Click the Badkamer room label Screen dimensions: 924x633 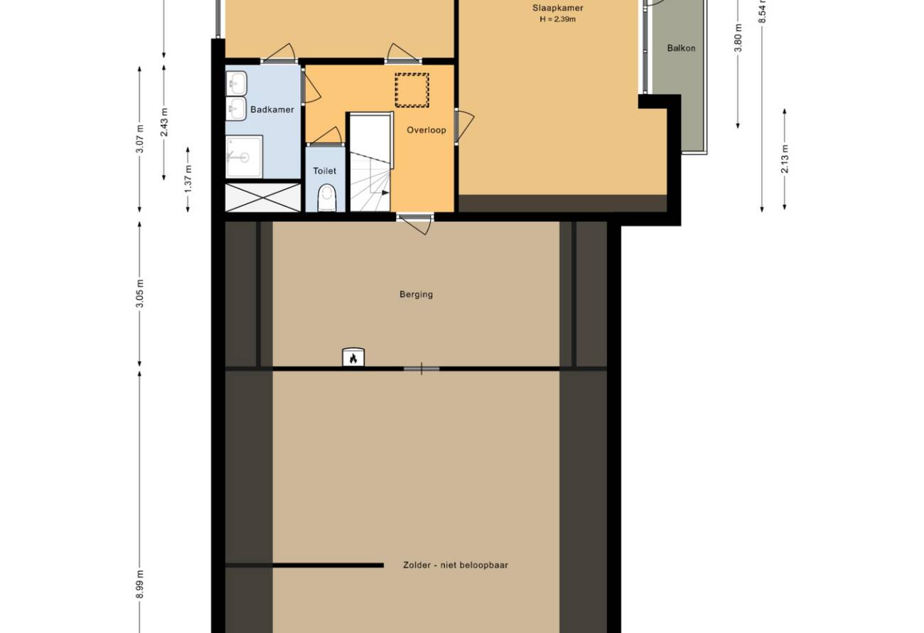coord(272,110)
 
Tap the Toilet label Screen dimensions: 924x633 coord(325,171)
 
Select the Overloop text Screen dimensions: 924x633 coord(426,130)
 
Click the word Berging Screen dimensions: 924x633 coord(417,294)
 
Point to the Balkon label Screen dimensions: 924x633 coord(681,48)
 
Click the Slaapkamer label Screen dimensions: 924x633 coord(558,9)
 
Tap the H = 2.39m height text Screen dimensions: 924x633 coord(558,19)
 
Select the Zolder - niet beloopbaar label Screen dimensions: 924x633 coord(456,565)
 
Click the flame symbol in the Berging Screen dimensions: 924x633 coord(353,358)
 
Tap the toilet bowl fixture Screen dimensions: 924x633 coord(328,198)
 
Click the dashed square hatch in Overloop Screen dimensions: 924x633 coord(412,90)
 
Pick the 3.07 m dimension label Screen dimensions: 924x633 coord(140,139)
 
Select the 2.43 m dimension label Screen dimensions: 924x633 coord(164,122)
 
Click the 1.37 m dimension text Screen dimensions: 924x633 coord(188,179)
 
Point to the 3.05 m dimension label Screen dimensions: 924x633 coord(140,294)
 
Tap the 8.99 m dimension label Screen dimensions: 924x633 coord(140,585)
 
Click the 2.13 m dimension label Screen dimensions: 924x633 coord(785,159)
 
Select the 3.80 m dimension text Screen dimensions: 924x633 coord(738,38)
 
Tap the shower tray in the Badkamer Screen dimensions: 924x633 coord(244,156)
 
